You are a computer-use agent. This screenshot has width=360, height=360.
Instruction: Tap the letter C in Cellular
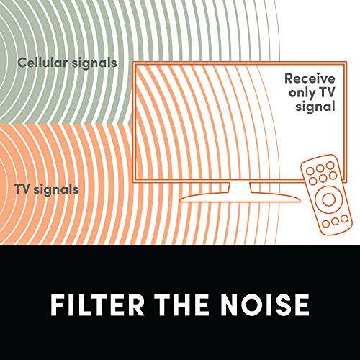(22, 63)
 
